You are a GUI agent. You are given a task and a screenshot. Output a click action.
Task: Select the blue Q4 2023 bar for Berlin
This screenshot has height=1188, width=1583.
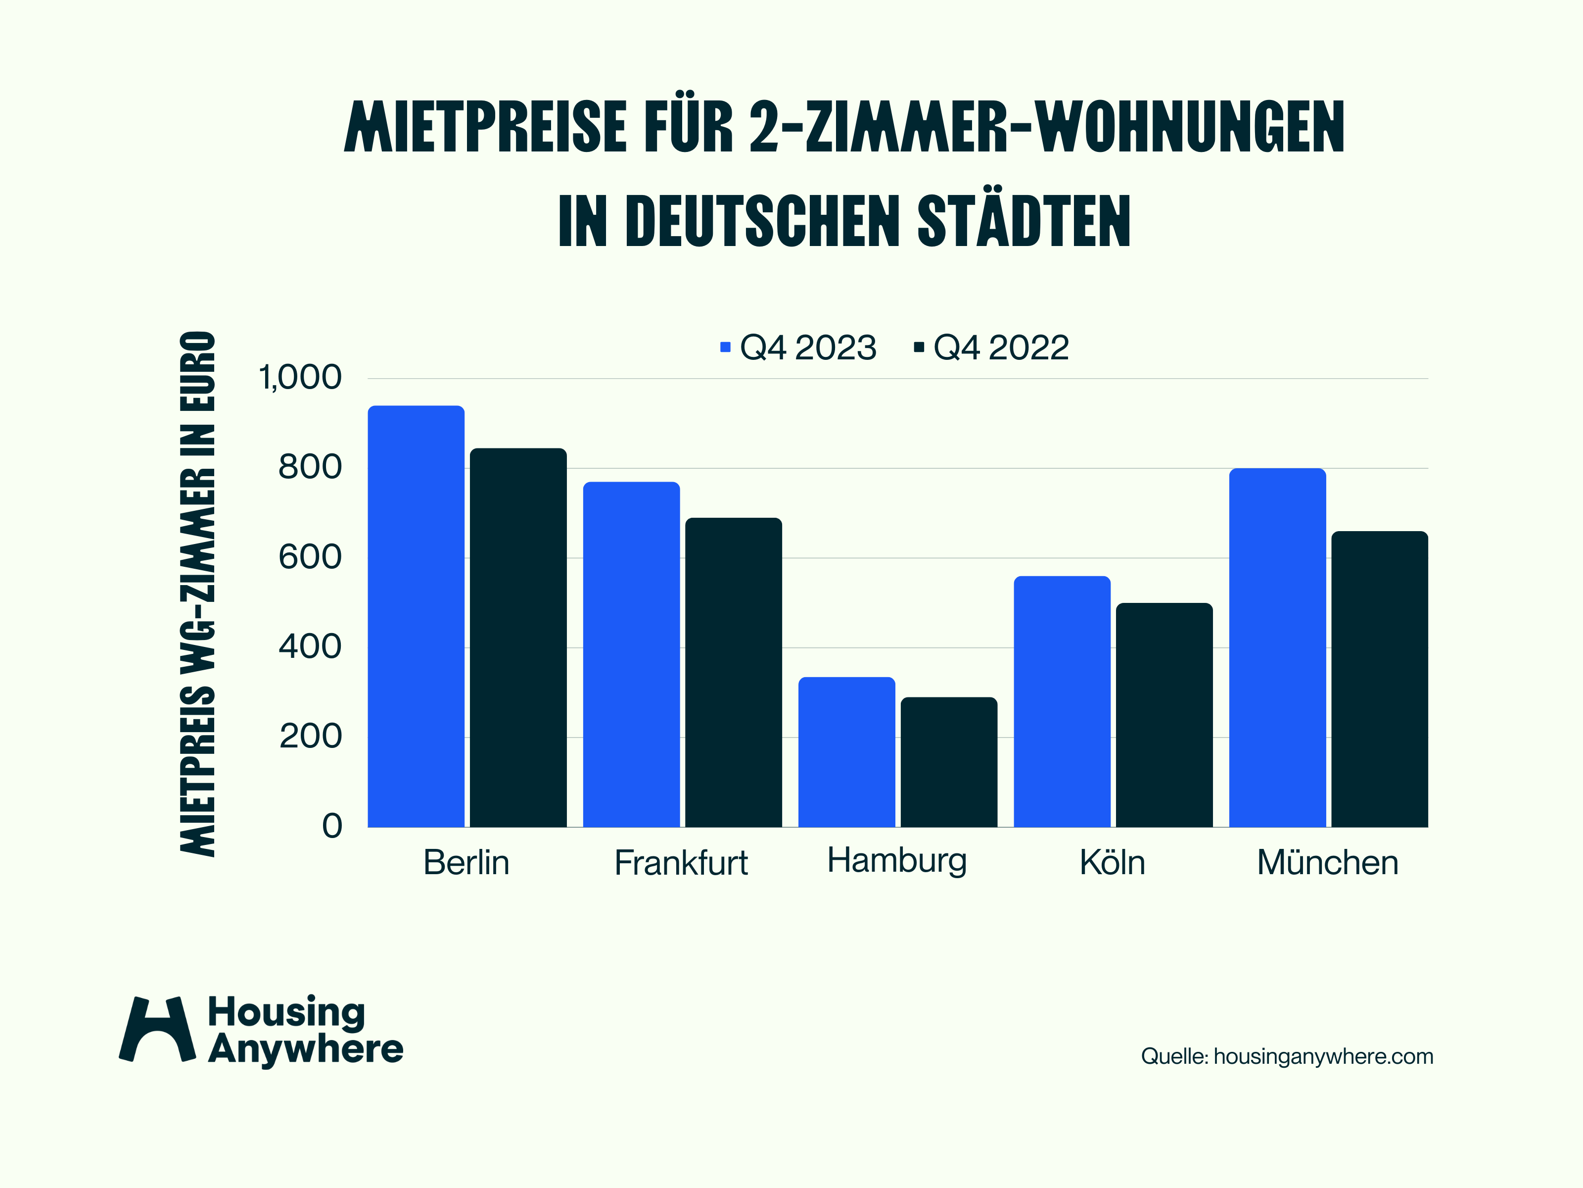tap(416, 616)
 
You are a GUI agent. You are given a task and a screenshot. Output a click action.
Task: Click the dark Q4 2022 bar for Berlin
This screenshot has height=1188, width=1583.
tap(518, 638)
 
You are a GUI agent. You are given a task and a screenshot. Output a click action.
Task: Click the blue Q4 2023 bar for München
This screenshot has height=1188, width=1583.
tap(1277, 647)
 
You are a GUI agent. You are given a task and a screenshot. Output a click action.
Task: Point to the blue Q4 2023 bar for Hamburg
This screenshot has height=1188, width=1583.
tap(846, 752)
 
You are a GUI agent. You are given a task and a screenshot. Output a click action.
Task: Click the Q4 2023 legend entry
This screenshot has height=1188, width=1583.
tap(798, 348)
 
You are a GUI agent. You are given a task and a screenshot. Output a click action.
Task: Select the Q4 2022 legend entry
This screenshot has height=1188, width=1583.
tap(992, 348)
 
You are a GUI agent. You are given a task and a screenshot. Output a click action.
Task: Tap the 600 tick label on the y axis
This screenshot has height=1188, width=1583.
tap(310, 557)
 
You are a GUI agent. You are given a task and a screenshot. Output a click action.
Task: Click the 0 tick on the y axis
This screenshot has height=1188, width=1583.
tap(332, 826)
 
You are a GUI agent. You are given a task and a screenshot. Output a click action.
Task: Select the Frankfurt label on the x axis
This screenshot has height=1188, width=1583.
tap(681, 862)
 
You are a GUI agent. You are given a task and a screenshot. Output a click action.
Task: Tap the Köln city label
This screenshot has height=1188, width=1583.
tap(1112, 862)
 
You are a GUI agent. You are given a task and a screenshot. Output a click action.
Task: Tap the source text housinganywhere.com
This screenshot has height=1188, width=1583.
tap(1323, 1056)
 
